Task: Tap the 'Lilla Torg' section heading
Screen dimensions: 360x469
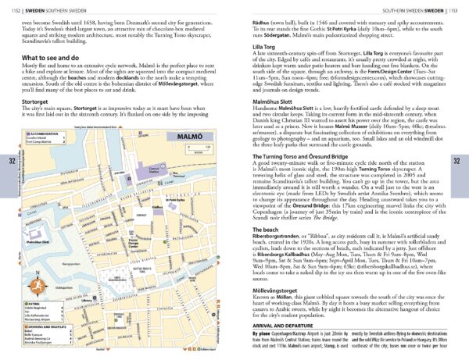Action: [264, 47]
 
